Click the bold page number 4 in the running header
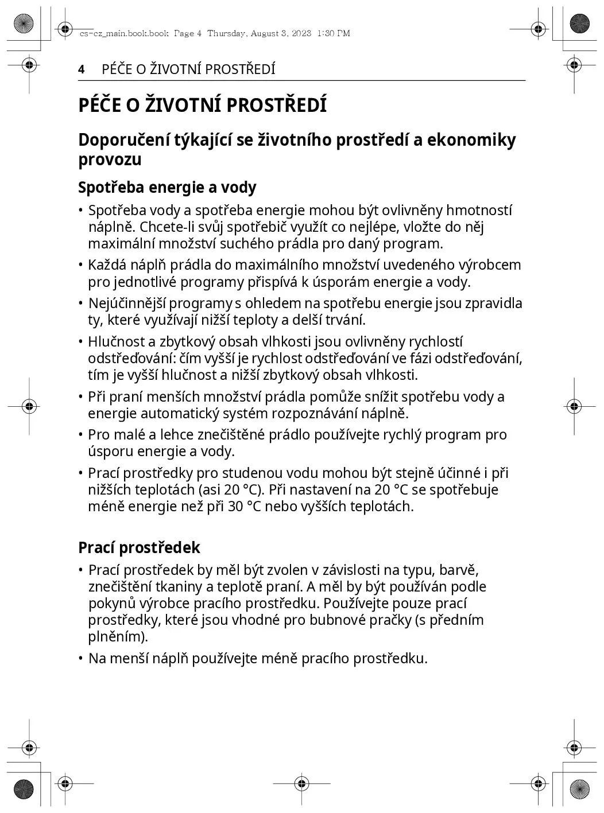(82, 69)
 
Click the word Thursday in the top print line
(226, 33)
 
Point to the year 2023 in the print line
(301, 33)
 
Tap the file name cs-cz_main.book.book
(124, 33)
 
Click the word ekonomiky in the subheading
(471, 139)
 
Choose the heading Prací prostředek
(139, 547)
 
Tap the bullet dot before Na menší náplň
(82, 659)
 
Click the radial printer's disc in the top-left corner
(23, 24)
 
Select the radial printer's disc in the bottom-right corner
(580, 789)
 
